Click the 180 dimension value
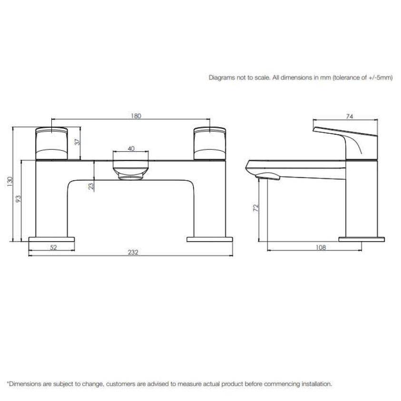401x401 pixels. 136,116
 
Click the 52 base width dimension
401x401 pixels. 53,247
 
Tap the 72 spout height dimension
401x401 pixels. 255,207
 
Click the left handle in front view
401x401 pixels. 52,142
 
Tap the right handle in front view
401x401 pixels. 210,142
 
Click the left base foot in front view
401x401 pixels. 52,238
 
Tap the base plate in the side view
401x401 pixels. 361,238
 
